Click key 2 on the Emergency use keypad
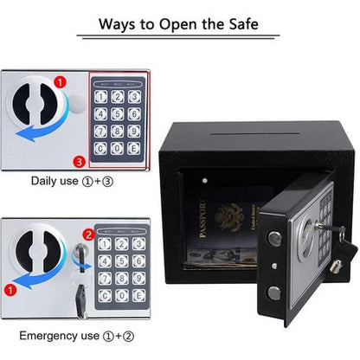click(119, 244)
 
